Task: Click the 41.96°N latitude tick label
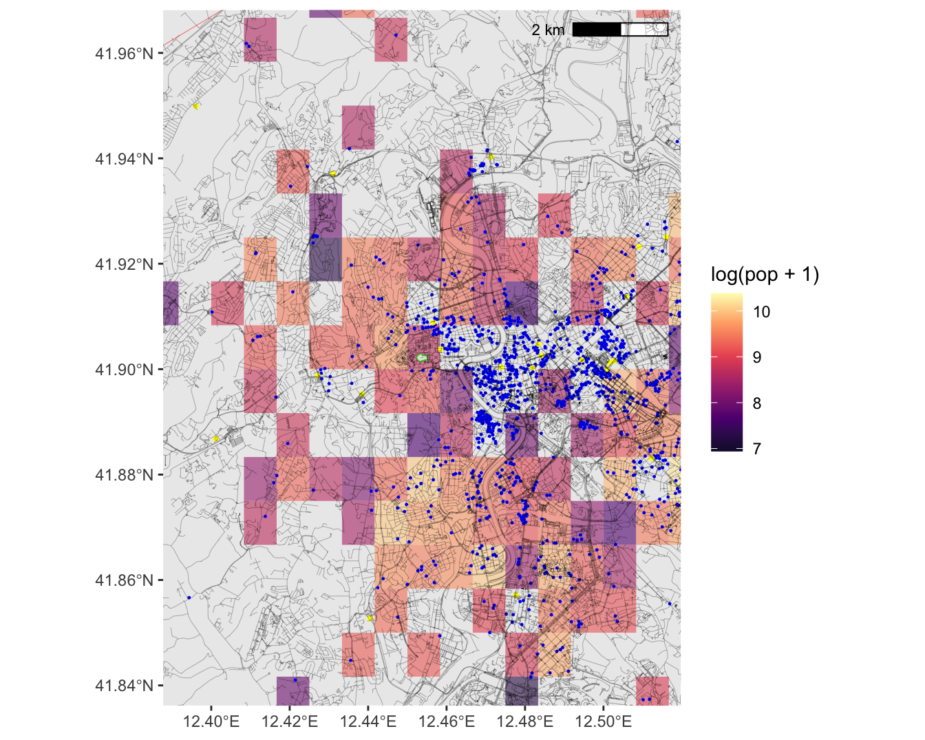point(124,54)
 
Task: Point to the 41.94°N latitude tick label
point(124,159)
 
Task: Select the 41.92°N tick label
point(124,264)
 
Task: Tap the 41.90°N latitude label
point(124,370)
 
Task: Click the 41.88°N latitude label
point(124,475)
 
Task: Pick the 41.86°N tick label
point(124,580)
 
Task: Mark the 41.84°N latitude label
point(124,686)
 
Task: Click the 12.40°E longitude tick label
point(211,721)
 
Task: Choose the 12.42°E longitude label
point(290,721)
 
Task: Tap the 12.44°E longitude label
point(368,721)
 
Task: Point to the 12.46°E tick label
point(447,721)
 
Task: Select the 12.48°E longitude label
point(525,721)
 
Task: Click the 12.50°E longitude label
point(604,721)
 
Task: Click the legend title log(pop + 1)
point(765,275)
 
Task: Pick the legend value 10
point(761,312)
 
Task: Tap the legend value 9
point(757,357)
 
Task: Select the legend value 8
point(757,403)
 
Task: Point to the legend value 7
point(757,449)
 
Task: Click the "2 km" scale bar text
point(548,30)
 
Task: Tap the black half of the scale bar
point(597,29)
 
